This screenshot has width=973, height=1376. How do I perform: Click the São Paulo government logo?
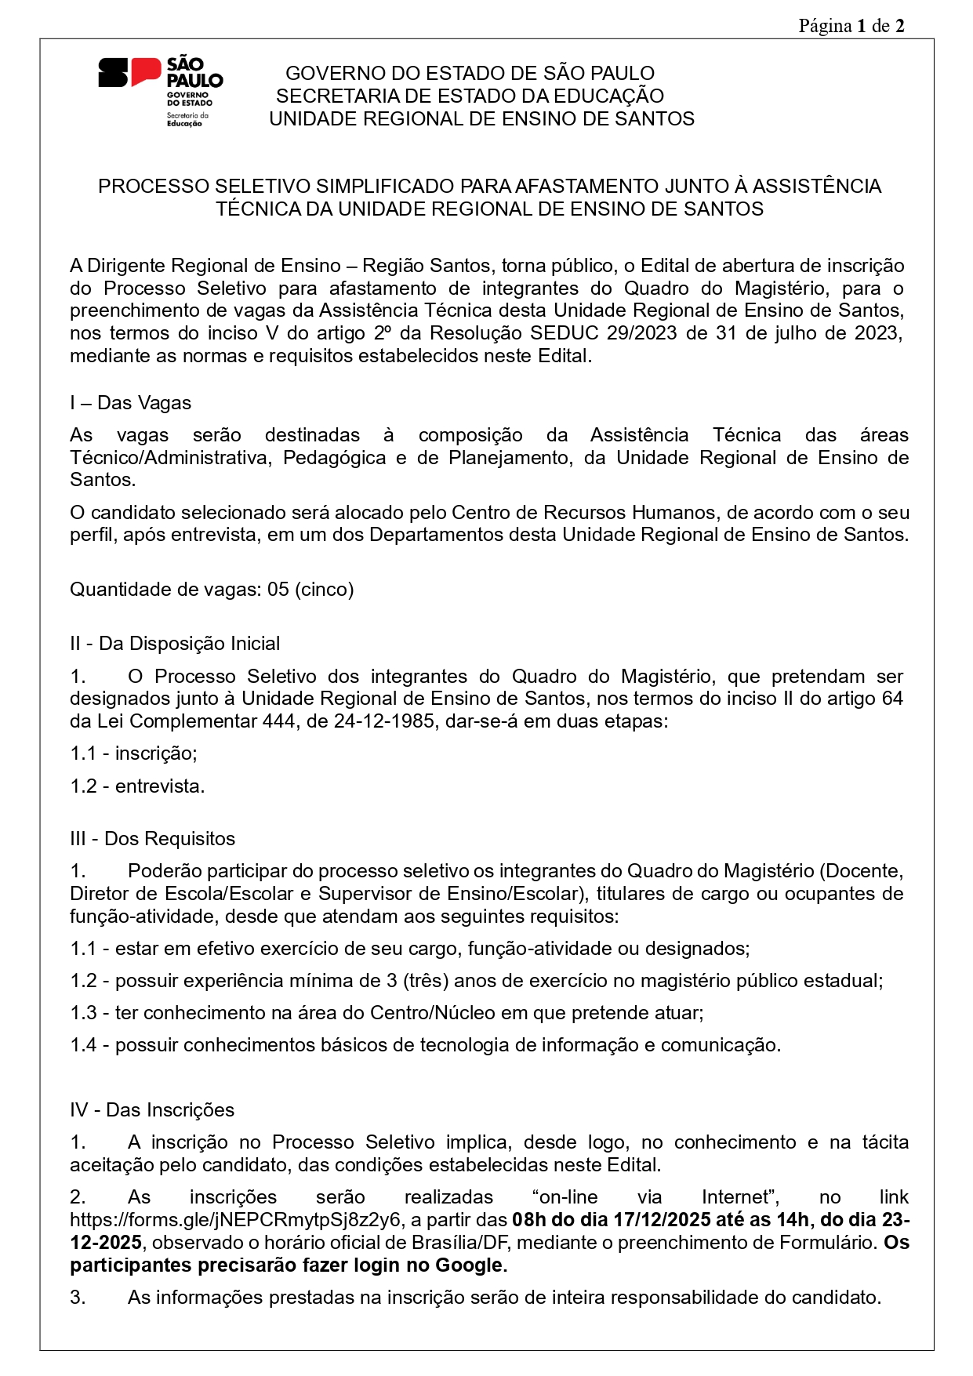click(x=160, y=91)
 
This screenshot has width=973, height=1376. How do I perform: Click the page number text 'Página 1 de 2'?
click(x=851, y=26)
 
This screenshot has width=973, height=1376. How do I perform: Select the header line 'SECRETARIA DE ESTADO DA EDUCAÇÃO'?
click(x=470, y=96)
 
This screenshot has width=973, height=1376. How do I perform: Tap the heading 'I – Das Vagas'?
click(x=130, y=403)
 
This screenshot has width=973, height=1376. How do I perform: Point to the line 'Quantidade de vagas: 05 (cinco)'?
click(x=212, y=589)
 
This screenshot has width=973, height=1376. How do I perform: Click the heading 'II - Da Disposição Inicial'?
click(x=175, y=644)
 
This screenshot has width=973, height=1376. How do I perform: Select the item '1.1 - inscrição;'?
click(x=133, y=753)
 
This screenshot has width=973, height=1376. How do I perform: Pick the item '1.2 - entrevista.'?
click(x=137, y=786)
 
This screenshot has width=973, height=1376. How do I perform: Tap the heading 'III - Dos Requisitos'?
click(x=152, y=839)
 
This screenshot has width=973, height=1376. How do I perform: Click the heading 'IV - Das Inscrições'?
click(x=152, y=1110)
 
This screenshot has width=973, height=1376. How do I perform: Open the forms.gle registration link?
click(x=235, y=1220)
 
